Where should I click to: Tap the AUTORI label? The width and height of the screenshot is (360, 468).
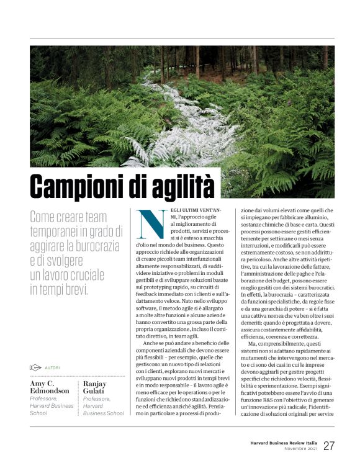coord(54,367)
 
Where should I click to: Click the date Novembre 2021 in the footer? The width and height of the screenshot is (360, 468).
coord(299,449)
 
